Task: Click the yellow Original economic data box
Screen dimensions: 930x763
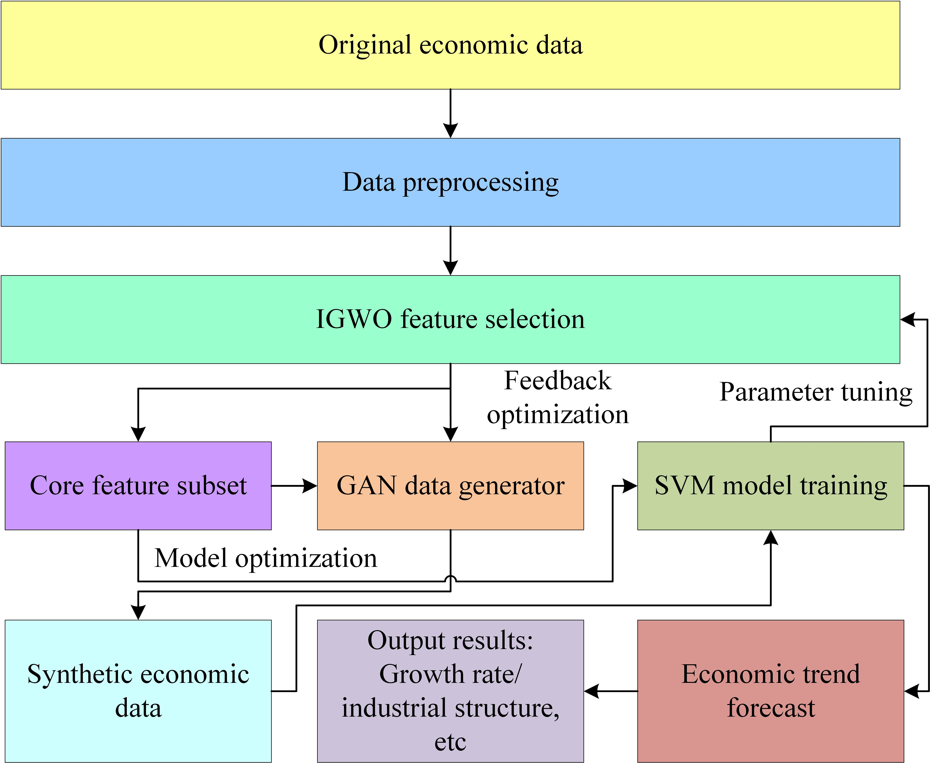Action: click(x=451, y=45)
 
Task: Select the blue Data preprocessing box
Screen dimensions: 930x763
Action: click(x=451, y=182)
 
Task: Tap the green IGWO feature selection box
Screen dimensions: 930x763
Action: click(x=451, y=319)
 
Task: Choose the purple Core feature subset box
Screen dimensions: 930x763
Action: click(x=138, y=486)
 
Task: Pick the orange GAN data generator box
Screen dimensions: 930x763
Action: click(x=451, y=486)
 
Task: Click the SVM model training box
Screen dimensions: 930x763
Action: click(x=771, y=486)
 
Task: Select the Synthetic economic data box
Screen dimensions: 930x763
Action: click(x=138, y=691)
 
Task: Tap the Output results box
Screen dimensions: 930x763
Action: click(x=451, y=691)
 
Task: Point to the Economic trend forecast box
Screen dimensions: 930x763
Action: click(x=771, y=691)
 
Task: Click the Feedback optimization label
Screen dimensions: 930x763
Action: click(x=558, y=397)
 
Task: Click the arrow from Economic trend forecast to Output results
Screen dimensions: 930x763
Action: click(x=611, y=691)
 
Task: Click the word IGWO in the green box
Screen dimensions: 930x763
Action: click(x=354, y=319)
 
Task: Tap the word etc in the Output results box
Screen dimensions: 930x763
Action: click(x=451, y=743)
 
